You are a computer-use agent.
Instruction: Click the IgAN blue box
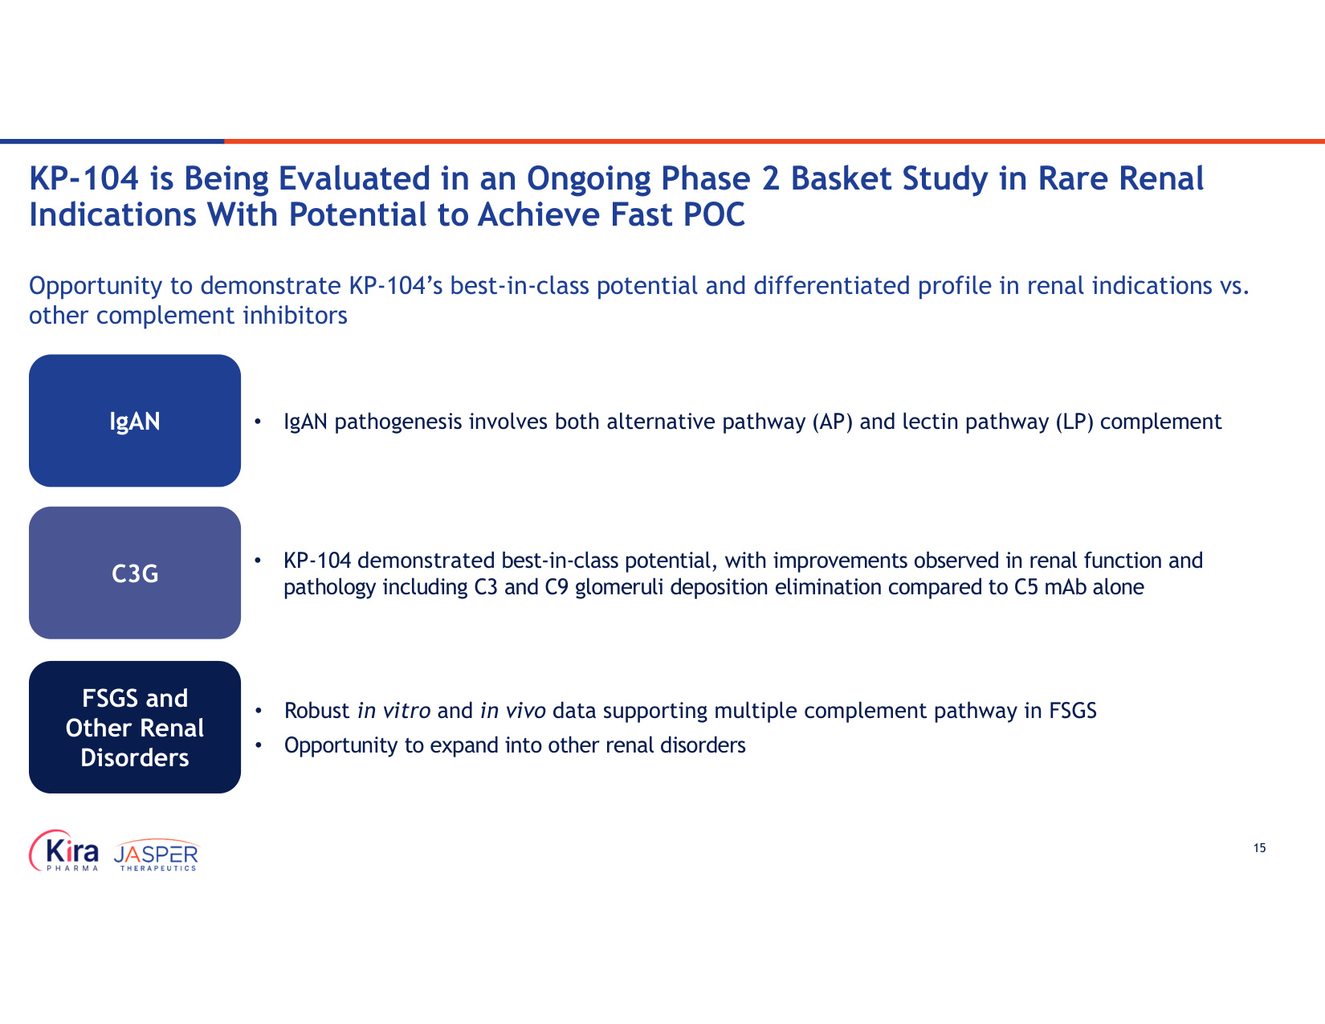click(x=135, y=420)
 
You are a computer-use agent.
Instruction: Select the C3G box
click(x=135, y=573)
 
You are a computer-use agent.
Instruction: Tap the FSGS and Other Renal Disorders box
click(x=135, y=727)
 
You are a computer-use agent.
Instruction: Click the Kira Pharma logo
click(x=63, y=851)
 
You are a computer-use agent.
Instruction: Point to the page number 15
click(x=1259, y=848)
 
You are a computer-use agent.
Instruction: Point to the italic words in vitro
click(x=394, y=711)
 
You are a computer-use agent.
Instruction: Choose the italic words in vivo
click(x=513, y=711)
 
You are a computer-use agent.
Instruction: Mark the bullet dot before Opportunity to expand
click(x=259, y=745)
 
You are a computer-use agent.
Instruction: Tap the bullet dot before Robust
click(x=259, y=711)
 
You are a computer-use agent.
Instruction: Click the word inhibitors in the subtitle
click(x=296, y=316)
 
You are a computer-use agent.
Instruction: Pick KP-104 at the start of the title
click(x=84, y=178)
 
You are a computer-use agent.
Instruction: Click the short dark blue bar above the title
click(x=112, y=141)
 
